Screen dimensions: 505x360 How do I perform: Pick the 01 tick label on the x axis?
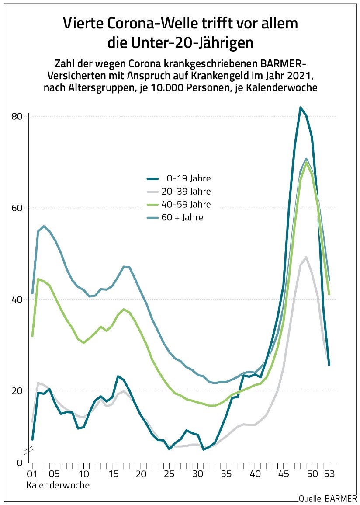[x=31, y=474]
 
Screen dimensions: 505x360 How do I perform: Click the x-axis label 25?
[x=169, y=474]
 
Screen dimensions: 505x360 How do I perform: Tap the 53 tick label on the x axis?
[x=329, y=474]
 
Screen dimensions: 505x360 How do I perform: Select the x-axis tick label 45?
[x=283, y=474]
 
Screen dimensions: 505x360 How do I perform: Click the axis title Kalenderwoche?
[x=58, y=485]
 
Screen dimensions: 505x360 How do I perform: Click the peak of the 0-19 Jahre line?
[x=301, y=108]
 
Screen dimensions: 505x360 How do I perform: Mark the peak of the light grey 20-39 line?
[x=306, y=257]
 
